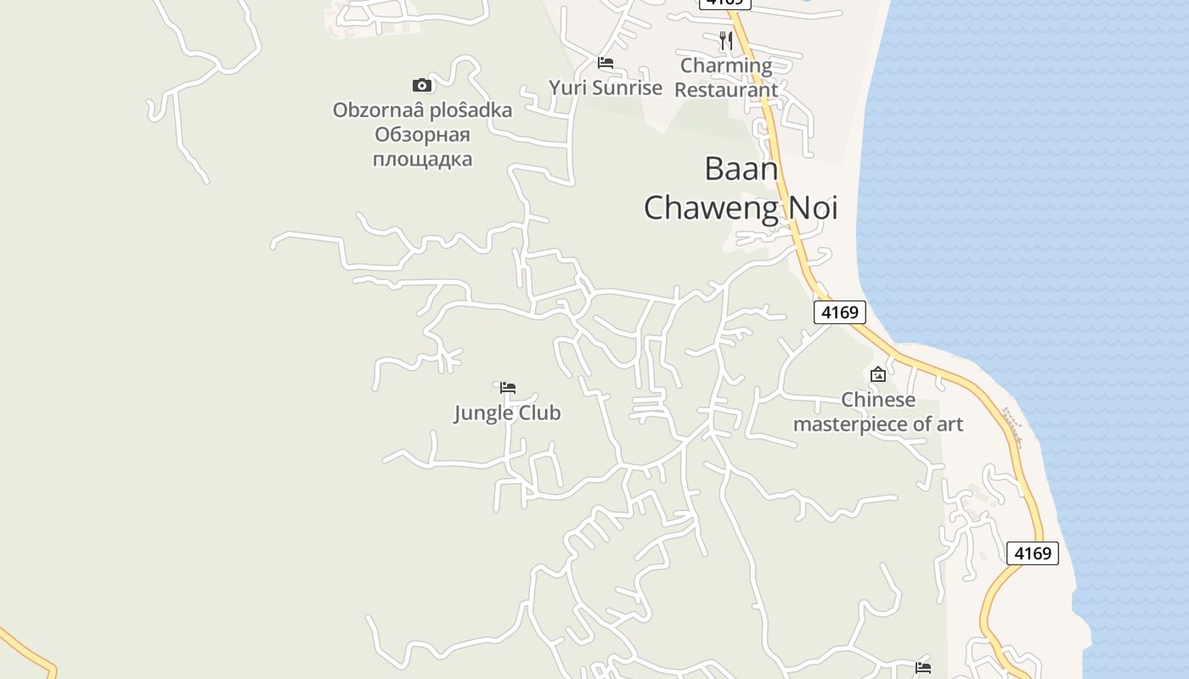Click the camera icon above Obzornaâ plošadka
pos(422,85)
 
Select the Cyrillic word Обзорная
pos(422,135)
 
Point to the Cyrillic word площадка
pos(422,159)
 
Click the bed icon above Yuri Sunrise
pos(606,63)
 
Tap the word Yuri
pos(567,87)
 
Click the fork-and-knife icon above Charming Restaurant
pos(725,40)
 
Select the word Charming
pos(726,65)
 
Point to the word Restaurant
pos(726,89)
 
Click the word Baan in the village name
pos(741,169)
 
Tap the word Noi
pos(814,208)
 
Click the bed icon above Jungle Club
pos(508,388)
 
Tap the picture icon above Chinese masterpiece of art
pos(878,374)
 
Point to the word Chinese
pos(878,400)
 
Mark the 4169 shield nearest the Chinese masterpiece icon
pos(839,312)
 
